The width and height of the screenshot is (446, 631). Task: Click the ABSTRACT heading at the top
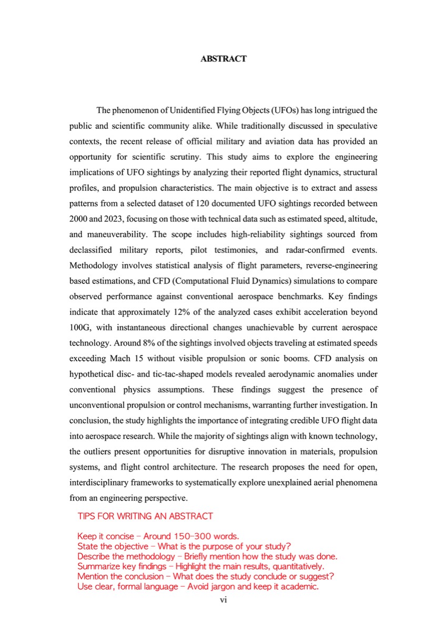(223, 59)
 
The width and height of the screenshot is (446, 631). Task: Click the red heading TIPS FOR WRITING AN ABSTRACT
(145, 516)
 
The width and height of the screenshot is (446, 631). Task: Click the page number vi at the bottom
(223, 599)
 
